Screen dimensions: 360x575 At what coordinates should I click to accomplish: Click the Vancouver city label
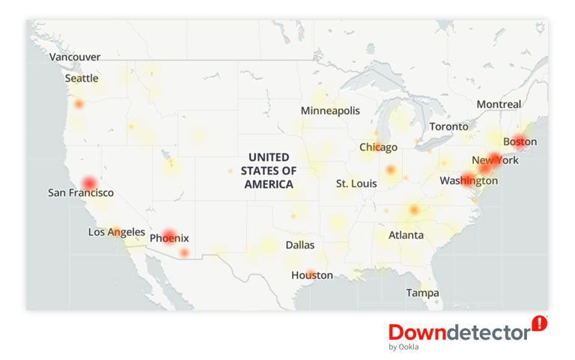[x=75, y=57]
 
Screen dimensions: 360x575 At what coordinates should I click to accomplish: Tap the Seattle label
[x=82, y=78]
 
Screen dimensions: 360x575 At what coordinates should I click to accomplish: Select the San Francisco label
[x=81, y=193]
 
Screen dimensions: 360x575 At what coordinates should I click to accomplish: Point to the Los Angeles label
[x=117, y=232]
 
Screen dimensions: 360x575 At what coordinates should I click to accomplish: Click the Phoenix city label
[x=169, y=238]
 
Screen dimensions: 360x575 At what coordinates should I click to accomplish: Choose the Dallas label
[x=300, y=245]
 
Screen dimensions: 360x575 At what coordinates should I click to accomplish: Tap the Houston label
[x=312, y=275]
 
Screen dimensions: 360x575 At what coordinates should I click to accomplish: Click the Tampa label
[x=422, y=293]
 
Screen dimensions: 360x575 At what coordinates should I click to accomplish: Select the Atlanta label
[x=406, y=235]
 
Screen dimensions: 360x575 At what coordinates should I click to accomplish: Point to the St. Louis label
[x=356, y=183]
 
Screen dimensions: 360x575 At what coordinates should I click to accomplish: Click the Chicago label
[x=379, y=147]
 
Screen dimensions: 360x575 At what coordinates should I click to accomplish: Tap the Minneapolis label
[x=330, y=111]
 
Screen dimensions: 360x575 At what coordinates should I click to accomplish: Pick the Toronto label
[x=448, y=126]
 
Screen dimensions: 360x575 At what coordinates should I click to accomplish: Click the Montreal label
[x=499, y=105]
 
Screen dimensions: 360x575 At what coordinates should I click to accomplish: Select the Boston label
[x=520, y=141]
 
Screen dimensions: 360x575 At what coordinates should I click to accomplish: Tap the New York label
[x=495, y=160]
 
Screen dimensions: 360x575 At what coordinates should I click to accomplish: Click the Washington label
[x=469, y=180]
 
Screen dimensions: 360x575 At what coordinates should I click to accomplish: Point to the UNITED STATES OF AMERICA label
[x=269, y=171]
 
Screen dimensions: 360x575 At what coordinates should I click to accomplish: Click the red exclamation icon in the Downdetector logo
[x=539, y=323]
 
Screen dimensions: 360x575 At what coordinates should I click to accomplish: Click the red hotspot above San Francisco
[x=89, y=183]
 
